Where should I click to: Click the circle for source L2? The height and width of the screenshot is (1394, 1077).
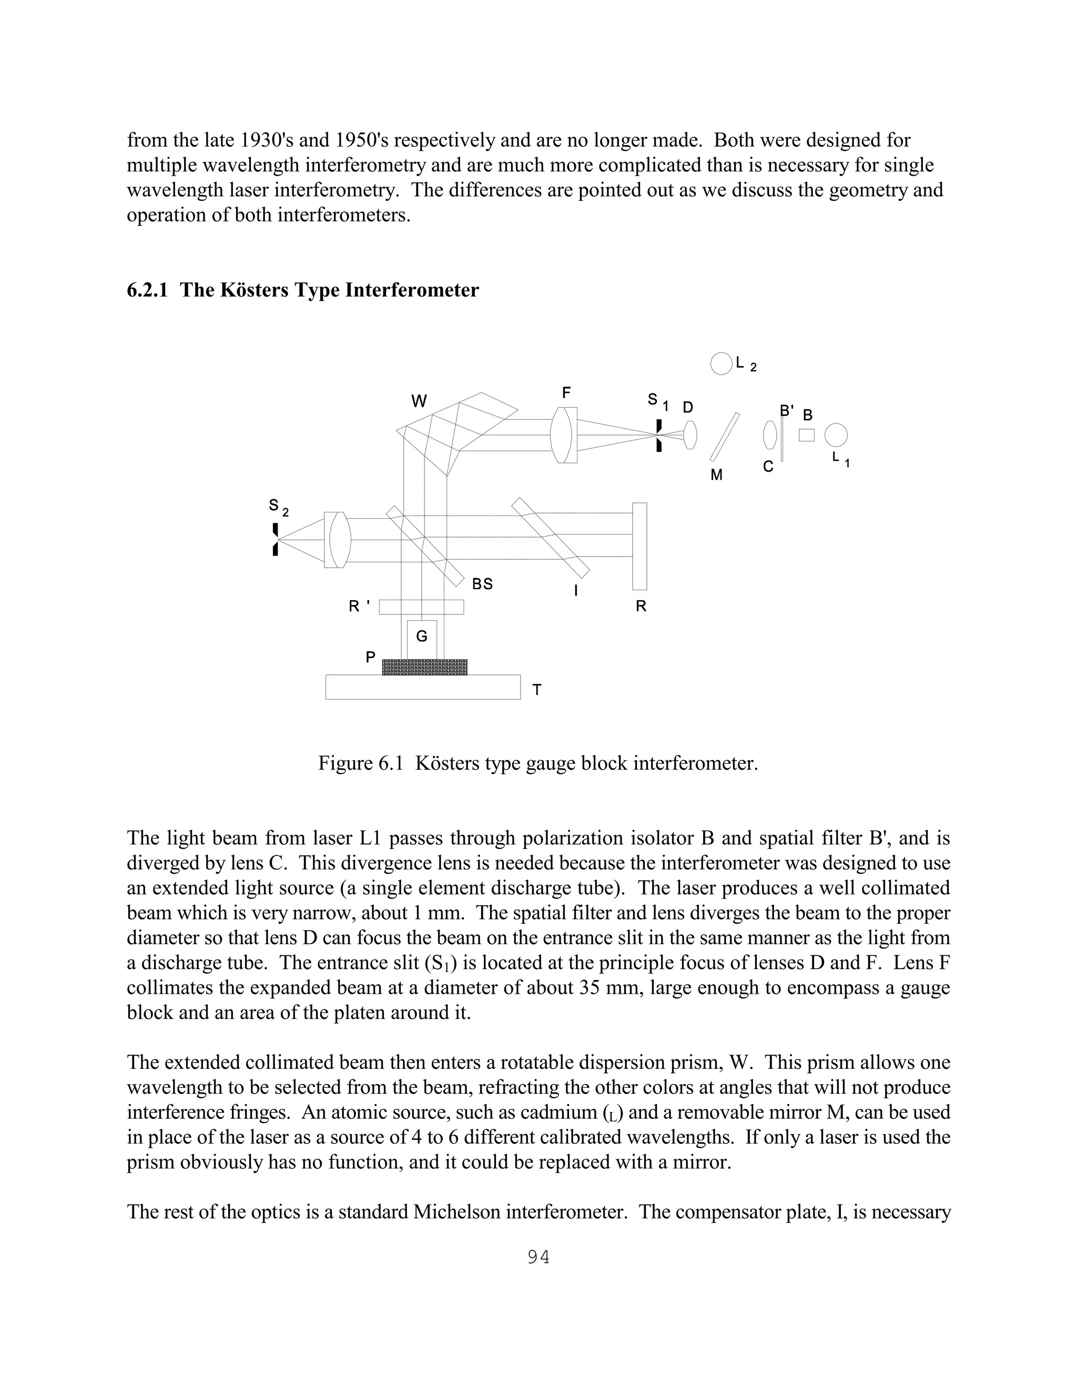[x=721, y=364]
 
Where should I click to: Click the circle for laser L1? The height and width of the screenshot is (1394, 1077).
[x=836, y=436]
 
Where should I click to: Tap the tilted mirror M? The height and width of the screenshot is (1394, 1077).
[x=725, y=437]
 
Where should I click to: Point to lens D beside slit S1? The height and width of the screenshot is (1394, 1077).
[x=690, y=435]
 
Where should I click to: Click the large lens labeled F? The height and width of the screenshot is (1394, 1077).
[x=563, y=435]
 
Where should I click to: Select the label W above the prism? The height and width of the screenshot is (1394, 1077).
[x=419, y=401]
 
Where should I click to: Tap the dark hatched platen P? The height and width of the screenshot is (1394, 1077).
[x=424, y=667]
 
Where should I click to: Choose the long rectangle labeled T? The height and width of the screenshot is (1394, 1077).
[x=422, y=687]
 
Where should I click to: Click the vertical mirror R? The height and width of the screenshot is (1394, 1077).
[x=639, y=547]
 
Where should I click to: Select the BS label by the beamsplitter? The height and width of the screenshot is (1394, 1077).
[x=482, y=584]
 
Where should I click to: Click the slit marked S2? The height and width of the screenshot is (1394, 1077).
[x=276, y=539]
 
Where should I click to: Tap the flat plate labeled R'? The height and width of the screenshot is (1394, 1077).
[x=421, y=607]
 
